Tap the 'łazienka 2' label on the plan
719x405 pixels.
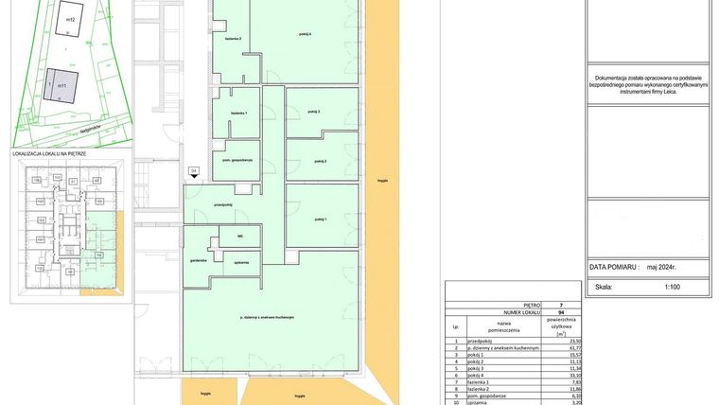(233, 39)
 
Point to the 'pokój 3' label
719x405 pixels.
(314, 112)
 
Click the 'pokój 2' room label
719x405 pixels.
(319, 162)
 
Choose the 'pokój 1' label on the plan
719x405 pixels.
(319, 219)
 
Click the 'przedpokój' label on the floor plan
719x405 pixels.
(223, 204)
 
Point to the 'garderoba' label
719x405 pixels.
(198, 258)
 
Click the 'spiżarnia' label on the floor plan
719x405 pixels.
(241, 261)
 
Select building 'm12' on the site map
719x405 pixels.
(67, 17)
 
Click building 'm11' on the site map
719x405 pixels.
(61, 85)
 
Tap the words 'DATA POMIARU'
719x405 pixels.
(614, 268)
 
